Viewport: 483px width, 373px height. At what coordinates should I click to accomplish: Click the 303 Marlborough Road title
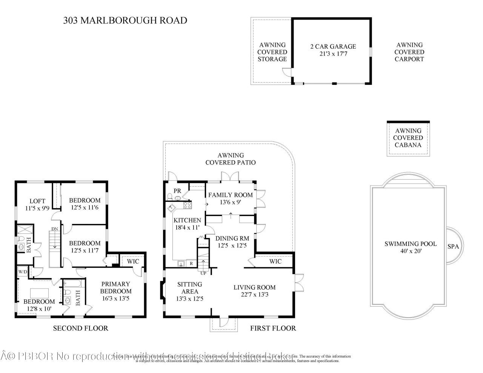(125, 20)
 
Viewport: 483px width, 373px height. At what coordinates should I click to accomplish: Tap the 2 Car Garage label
(333, 50)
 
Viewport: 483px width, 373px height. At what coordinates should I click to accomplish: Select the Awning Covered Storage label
(272, 52)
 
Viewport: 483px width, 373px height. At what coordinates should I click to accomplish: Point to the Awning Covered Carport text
(409, 52)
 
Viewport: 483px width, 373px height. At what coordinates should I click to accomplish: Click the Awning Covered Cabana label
(408, 138)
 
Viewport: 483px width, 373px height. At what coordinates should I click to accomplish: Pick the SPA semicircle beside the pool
(453, 246)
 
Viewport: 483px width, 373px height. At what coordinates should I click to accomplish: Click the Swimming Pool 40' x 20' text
(410, 247)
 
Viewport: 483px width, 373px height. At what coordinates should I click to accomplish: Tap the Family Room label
(231, 198)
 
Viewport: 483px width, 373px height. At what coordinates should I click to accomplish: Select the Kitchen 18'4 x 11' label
(187, 224)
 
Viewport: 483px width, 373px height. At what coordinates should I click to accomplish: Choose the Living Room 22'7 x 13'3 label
(254, 291)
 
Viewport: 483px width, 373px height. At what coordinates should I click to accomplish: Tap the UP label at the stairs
(203, 273)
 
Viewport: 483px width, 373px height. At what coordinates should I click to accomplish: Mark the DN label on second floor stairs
(55, 229)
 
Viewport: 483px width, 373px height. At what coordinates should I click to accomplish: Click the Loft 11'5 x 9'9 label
(37, 204)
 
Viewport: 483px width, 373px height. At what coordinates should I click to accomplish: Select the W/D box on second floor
(22, 272)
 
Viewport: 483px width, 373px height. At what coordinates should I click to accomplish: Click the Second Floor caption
(80, 328)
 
